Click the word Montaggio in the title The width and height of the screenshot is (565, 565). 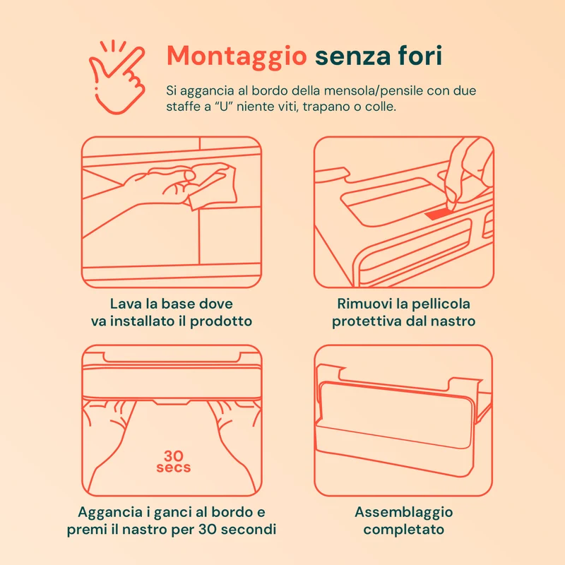tap(237, 56)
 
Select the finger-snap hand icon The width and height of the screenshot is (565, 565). tap(117, 77)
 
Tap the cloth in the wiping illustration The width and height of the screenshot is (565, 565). tap(213, 186)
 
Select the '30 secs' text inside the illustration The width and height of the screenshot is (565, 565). tap(174, 462)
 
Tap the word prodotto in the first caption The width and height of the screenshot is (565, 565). tap(221, 321)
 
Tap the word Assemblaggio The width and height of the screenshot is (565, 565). tap(403, 513)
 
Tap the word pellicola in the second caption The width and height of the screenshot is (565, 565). tap(440, 304)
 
